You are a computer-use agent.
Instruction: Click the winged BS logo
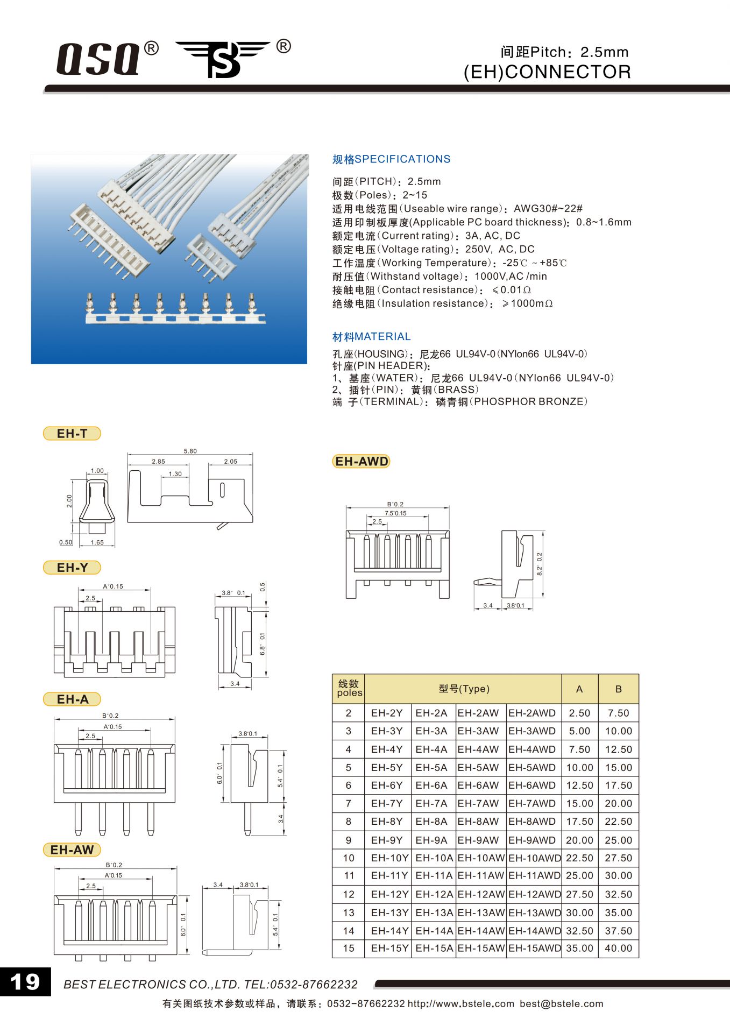pyautogui.click(x=224, y=59)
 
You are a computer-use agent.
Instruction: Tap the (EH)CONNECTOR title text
pyautogui.click(x=547, y=72)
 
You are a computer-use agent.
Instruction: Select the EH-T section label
pyautogui.click(x=72, y=434)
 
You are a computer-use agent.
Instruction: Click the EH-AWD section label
pyautogui.click(x=362, y=462)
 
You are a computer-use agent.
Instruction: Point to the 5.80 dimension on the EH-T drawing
pyautogui.click(x=190, y=451)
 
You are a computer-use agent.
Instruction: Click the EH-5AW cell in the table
pyautogui.click(x=478, y=767)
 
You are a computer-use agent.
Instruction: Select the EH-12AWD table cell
pyautogui.click(x=534, y=894)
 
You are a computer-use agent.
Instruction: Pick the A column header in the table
pyautogui.click(x=579, y=689)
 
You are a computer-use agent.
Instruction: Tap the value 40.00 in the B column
pyautogui.click(x=618, y=949)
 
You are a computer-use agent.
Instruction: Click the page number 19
pyautogui.click(x=25, y=982)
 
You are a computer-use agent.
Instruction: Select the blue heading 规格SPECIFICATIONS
pyautogui.click(x=391, y=159)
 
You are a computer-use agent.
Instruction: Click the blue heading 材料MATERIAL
pyautogui.click(x=371, y=337)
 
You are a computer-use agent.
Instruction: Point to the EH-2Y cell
pyautogui.click(x=387, y=713)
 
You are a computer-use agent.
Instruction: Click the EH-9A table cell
pyautogui.click(x=431, y=840)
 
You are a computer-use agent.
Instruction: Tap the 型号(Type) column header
pyautogui.click(x=464, y=689)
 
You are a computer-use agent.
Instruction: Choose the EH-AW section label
pyautogui.click(x=72, y=850)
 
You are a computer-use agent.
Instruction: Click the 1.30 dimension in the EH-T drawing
pyautogui.click(x=175, y=474)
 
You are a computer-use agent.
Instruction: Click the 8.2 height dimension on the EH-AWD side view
pyautogui.click(x=540, y=564)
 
